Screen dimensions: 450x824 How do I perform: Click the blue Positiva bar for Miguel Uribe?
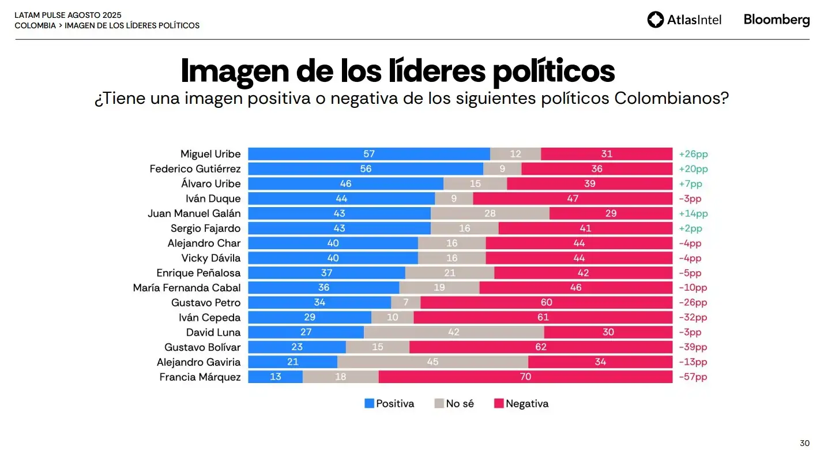point(369,154)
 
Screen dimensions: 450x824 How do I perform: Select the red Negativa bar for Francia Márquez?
point(525,377)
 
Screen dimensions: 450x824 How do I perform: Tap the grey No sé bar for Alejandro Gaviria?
point(432,362)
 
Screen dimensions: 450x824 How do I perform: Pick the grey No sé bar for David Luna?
point(454,332)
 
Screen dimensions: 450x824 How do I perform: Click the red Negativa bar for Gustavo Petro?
point(546,302)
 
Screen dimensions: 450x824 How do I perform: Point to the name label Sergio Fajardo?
point(205,228)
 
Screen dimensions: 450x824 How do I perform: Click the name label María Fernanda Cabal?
point(187,287)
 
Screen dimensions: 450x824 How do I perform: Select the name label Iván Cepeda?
point(209,317)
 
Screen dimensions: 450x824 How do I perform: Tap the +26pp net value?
point(693,154)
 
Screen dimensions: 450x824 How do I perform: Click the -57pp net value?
point(693,377)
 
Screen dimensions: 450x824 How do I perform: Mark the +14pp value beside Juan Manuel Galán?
point(693,213)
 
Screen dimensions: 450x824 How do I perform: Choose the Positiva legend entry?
point(389,404)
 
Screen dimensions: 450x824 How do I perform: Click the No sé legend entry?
point(454,404)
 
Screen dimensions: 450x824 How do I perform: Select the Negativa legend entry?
point(521,404)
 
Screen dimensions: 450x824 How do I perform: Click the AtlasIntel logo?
point(684,20)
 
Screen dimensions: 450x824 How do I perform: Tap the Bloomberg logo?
point(776,20)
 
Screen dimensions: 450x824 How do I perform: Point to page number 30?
point(804,442)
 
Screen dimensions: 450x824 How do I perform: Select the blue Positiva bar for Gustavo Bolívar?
point(297,347)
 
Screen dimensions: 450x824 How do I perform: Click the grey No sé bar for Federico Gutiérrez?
point(502,169)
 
